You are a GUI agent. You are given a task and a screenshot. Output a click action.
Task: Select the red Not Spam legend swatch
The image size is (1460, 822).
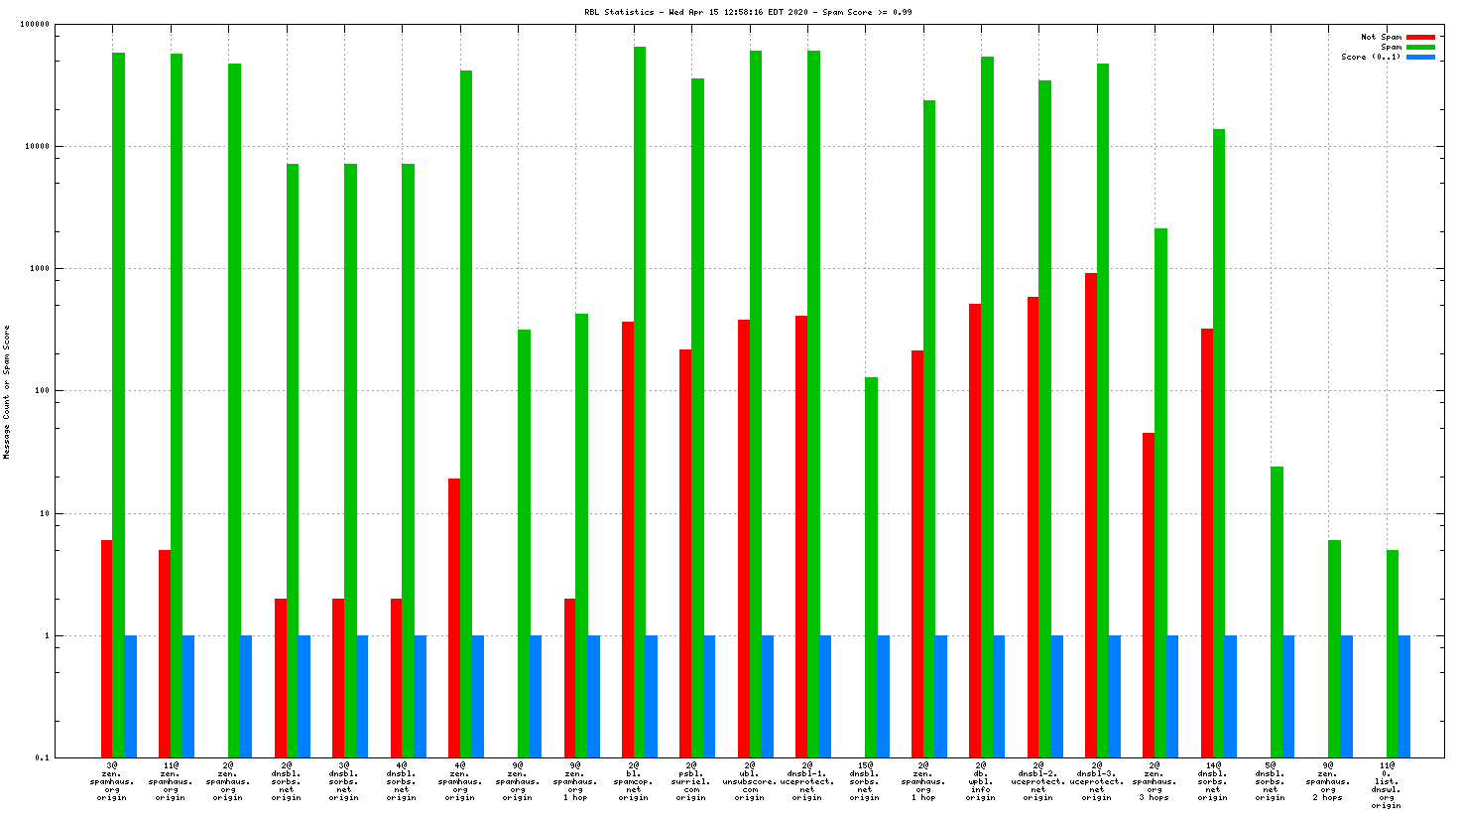pyautogui.click(x=1420, y=38)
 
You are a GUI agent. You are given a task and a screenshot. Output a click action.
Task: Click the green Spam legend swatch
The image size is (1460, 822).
pyautogui.click(x=1420, y=48)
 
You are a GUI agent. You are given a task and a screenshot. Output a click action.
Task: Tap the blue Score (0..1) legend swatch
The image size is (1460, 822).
pyautogui.click(x=1420, y=58)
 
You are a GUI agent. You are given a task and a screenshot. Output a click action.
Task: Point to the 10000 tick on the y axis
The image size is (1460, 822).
pyautogui.click(x=36, y=147)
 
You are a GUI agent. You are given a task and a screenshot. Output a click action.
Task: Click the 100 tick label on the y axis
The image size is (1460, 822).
pyautogui.click(x=40, y=391)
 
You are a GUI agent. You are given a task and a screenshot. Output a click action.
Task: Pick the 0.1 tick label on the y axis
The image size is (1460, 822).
pyautogui.click(x=41, y=758)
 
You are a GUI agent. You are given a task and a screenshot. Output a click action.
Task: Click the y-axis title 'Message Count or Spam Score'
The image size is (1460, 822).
pyautogui.click(x=7, y=392)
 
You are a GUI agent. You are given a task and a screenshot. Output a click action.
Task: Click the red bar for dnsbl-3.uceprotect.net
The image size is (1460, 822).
pyautogui.click(x=1091, y=515)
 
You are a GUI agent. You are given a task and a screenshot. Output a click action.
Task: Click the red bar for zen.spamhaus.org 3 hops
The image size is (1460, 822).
pyautogui.click(x=1149, y=595)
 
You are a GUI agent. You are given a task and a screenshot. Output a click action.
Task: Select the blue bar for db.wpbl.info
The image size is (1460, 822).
pyautogui.click(x=999, y=696)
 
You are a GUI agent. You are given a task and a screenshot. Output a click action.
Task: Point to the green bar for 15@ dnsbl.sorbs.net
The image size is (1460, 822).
pyautogui.click(x=871, y=567)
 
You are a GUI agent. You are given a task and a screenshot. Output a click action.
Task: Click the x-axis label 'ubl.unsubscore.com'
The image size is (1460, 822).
pyautogui.click(x=749, y=781)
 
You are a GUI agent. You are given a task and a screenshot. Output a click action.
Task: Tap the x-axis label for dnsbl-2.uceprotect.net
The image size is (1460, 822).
pyautogui.click(x=1038, y=781)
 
